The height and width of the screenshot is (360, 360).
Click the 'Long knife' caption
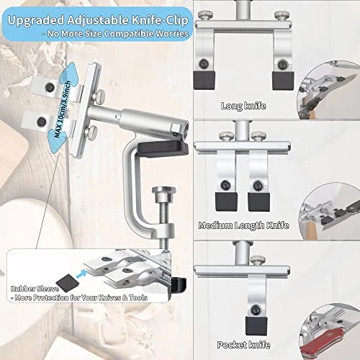tap(243, 106)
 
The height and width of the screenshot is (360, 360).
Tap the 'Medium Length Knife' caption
tap(243, 225)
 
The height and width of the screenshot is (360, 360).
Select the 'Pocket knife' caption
tap(243, 345)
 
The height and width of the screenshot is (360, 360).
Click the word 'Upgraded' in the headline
tap(36, 21)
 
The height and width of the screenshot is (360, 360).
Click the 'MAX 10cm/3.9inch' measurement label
tap(63, 109)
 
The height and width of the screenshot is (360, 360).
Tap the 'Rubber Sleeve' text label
tap(35, 289)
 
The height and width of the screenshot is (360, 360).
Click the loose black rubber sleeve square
tap(68, 283)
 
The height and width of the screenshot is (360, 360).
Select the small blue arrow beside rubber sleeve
tap(81, 274)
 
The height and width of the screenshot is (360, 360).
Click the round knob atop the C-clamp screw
tap(164, 191)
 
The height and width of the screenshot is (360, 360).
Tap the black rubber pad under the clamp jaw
tap(163, 148)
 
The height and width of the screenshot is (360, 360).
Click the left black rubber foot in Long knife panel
tap(204, 80)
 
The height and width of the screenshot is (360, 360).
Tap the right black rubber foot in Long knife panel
tap(283, 81)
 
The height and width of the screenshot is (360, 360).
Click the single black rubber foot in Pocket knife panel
tap(256, 326)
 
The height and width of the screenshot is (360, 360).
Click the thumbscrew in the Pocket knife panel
tap(258, 261)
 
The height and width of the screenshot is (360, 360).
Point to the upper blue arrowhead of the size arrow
tap(70, 71)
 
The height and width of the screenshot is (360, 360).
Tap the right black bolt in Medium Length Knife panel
tap(257, 186)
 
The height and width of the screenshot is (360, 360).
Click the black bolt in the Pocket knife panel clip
tap(256, 310)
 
